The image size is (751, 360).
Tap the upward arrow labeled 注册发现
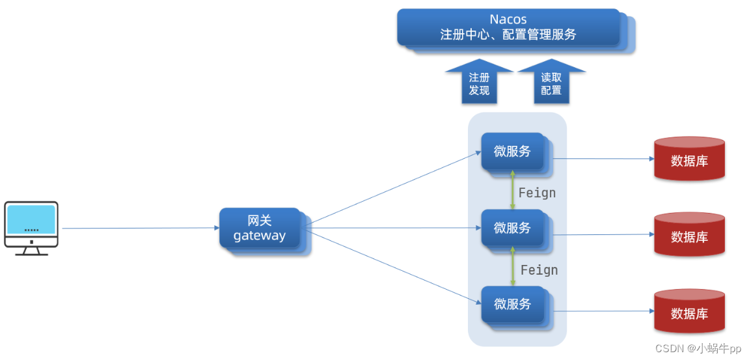[479, 83]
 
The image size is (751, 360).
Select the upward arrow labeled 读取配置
[551, 83]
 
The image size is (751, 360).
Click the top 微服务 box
[513, 152]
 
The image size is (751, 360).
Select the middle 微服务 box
[513, 228]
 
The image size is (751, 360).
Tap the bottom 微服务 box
[513, 304]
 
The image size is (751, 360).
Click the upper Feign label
[537, 193]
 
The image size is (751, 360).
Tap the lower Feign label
[539, 270]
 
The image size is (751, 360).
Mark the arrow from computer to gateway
[140, 228]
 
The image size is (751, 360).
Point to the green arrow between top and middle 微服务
[513, 190]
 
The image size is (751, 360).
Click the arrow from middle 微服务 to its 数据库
[602, 234]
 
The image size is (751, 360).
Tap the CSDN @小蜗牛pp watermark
[698, 348]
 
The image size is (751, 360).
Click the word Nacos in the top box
[508, 20]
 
